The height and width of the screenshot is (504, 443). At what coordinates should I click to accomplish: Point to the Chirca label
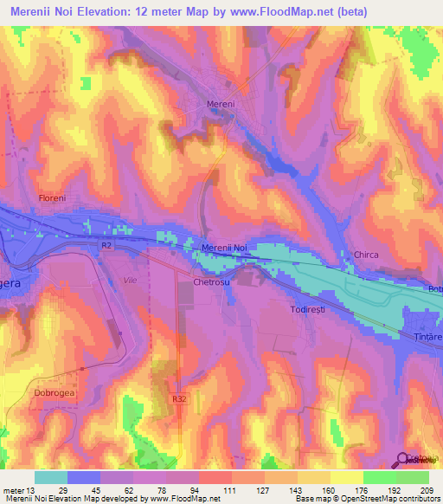click(x=367, y=255)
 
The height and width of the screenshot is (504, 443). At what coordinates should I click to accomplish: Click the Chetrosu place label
click(x=210, y=282)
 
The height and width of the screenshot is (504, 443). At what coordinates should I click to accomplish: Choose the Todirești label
click(x=307, y=307)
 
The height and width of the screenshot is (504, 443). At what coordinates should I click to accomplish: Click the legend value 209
click(x=429, y=491)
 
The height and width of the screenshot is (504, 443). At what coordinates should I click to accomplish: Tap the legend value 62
click(x=118, y=491)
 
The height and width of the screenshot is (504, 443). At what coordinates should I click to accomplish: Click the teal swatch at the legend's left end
click(x=51, y=477)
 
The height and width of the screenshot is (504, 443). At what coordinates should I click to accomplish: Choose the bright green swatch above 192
click(x=380, y=477)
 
